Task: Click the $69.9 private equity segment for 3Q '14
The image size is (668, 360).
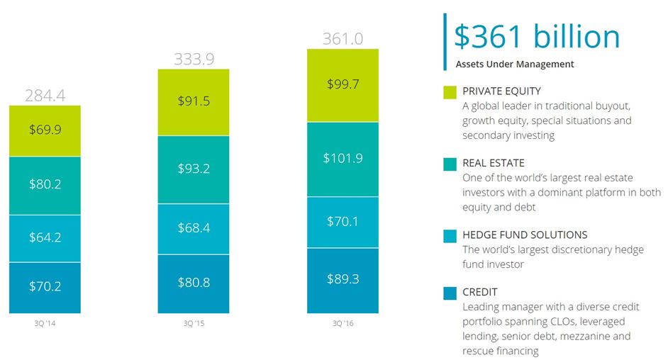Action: click(x=45, y=131)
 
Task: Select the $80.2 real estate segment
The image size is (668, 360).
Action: click(x=45, y=186)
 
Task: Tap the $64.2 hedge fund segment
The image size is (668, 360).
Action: click(x=45, y=238)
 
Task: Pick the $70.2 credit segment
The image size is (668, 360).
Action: click(x=45, y=288)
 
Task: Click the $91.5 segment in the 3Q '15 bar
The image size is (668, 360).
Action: click(x=194, y=103)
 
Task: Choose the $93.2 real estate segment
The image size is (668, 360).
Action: click(x=194, y=170)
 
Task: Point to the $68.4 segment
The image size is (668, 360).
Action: click(x=194, y=229)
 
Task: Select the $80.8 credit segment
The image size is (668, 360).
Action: click(x=194, y=284)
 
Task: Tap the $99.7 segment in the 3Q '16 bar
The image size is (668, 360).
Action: click(x=343, y=86)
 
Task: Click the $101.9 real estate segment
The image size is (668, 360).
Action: click(x=343, y=159)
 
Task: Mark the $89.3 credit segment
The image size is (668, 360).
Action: click(x=343, y=281)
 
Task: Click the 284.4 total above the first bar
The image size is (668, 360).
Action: click(x=45, y=96)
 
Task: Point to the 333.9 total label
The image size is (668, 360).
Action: click(x=194, y=59)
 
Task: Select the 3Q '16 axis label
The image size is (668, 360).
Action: click(x=343, y=323)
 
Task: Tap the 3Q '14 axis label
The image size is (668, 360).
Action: click(x=45, y=323)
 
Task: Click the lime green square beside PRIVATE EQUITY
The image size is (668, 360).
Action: click(x=450, y=92)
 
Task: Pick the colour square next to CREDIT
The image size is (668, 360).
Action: click(x=450, y=293)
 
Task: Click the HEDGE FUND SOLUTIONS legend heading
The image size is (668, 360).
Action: click(x=525, y=235)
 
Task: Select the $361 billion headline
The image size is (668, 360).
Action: click(x=537, y=37)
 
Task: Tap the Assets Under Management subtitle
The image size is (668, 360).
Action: click(x=515, y=64)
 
